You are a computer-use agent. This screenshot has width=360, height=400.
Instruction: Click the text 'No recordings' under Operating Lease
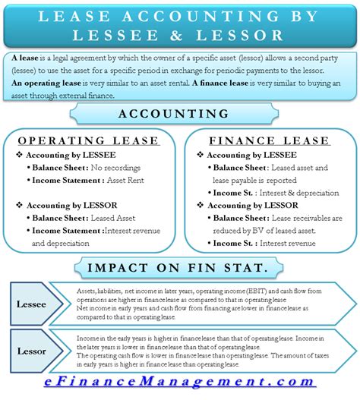[119, 168]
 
